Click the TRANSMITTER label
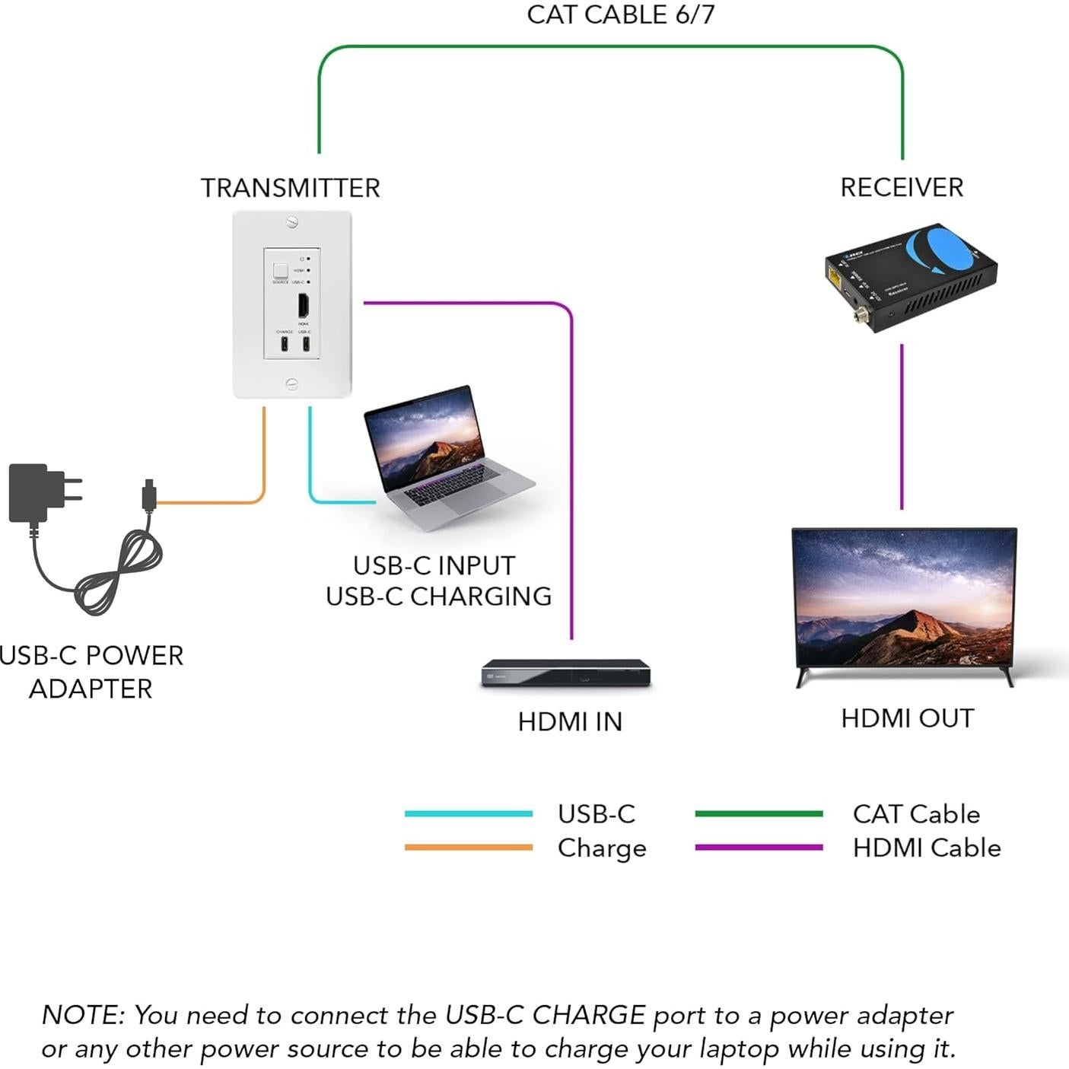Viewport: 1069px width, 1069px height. click(290, 188)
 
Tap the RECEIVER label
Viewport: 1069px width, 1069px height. click(902, 187)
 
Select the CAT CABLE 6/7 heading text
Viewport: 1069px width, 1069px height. click(620, 14)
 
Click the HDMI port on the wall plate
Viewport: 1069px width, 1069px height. click(303, 305)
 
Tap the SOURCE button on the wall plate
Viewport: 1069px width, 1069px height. click(281, 270)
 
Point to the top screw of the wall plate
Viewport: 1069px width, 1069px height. click(292, 222)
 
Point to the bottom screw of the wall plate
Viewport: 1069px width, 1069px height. click(292, 384)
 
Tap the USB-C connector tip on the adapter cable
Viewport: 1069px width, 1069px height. click(149, 495)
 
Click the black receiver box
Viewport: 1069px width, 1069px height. click(910, 278)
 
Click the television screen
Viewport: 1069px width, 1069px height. click(904, 597)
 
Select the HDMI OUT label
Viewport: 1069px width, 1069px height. click(907, 718)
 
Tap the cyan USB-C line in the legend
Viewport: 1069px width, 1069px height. click(468, 813)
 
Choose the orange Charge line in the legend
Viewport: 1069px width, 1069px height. click(468, 847)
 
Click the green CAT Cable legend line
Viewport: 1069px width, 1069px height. click(759, 813)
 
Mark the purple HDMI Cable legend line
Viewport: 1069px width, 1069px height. click(759, 847)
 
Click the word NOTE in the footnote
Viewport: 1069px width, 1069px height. click(82, 1015)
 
